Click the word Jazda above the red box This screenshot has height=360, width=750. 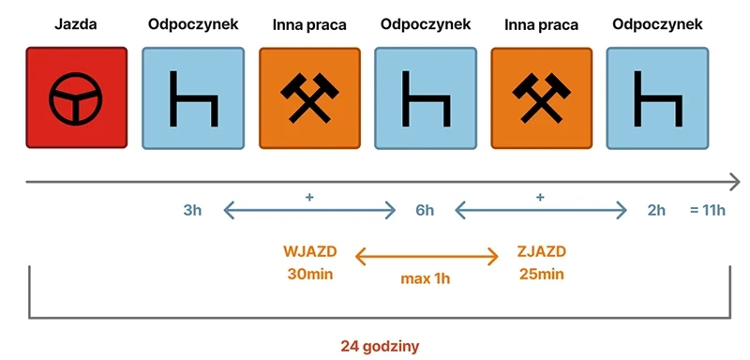(x=75, y=25)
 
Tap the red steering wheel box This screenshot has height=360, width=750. (x=75, y=97)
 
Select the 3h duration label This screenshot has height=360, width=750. (x=192, y=210)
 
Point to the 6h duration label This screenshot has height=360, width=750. (x=425, y=210)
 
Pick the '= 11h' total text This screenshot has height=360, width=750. (x=707, y=210)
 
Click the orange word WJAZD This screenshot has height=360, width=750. (x=309, y=251)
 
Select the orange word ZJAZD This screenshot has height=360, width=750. (x=541, y=251)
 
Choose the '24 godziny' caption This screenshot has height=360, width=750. (x=380, y=345)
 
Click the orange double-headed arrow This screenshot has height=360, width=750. (x=427, y=255)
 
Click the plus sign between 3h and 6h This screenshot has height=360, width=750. (x=308, y=197)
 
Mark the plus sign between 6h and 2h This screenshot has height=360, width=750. (x=540, y=197)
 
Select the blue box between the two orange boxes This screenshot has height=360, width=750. (x=424, y=97)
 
